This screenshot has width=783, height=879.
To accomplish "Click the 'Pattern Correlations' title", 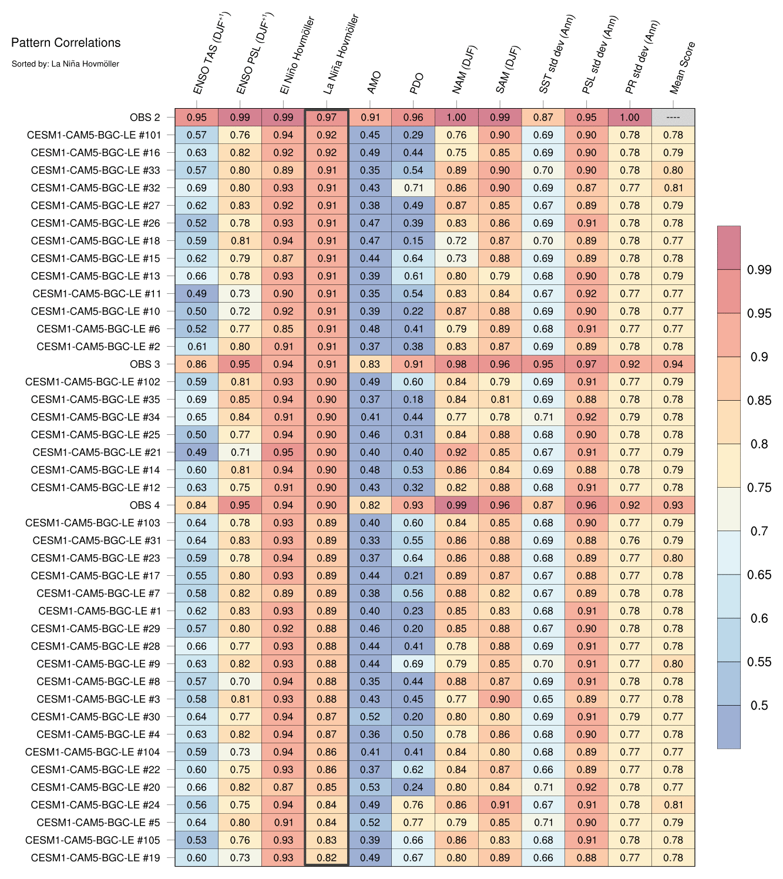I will coord(66,42).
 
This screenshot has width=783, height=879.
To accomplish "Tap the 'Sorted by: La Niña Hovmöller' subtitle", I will coord(65,63).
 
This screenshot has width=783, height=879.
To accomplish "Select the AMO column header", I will coord(374,82).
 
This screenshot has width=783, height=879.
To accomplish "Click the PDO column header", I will coord(416,83).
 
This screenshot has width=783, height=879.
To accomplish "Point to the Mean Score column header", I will coord(683,68).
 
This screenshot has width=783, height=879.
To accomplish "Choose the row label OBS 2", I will coord(144,118).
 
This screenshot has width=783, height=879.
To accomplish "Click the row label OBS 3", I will coord(144,364).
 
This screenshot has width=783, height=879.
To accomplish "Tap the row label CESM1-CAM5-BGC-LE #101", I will coord(93,135).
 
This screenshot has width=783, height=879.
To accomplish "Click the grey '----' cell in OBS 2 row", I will coord(673,118).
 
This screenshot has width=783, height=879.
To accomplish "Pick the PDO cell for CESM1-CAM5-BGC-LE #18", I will coord(414,241).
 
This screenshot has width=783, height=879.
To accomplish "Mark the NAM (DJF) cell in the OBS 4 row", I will coord(456,505).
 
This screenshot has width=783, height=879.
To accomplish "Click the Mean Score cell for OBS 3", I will coord(673,364).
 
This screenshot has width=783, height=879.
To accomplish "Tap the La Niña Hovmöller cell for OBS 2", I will coord(327,118).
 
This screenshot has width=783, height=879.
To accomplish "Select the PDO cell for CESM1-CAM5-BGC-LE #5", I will coord(414,823).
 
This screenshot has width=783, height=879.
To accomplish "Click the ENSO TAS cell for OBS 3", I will coord(197,364).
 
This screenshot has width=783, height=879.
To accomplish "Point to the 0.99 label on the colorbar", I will coord(759,270).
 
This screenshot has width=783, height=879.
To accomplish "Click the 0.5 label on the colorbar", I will coord(759,705).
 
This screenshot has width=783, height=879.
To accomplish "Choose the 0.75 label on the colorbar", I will coord(759,488).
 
